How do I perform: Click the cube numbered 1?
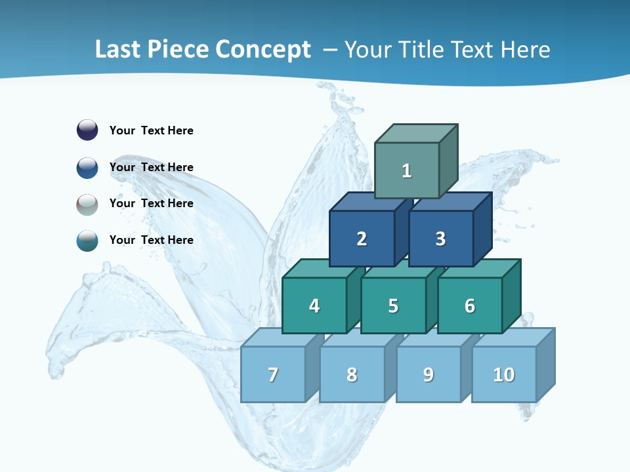point(407,170)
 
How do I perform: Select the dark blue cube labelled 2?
point(362,239)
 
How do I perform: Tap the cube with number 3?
point(440,239)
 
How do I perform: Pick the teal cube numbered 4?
point(314,305)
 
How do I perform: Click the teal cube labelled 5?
point(393,305)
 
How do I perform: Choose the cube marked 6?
point(470,305)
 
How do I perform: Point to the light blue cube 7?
point(273,374)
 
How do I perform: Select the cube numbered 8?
point(352,374)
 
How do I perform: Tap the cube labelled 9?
point(429,374)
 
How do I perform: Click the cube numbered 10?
point(504,374)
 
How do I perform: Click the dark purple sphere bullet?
point(87,130)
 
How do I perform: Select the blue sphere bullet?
point(87,167)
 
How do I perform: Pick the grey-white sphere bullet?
point(87,204)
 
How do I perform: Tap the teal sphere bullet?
point(87,241)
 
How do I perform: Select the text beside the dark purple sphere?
point(152,130)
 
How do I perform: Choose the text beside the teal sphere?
point(152,240)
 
